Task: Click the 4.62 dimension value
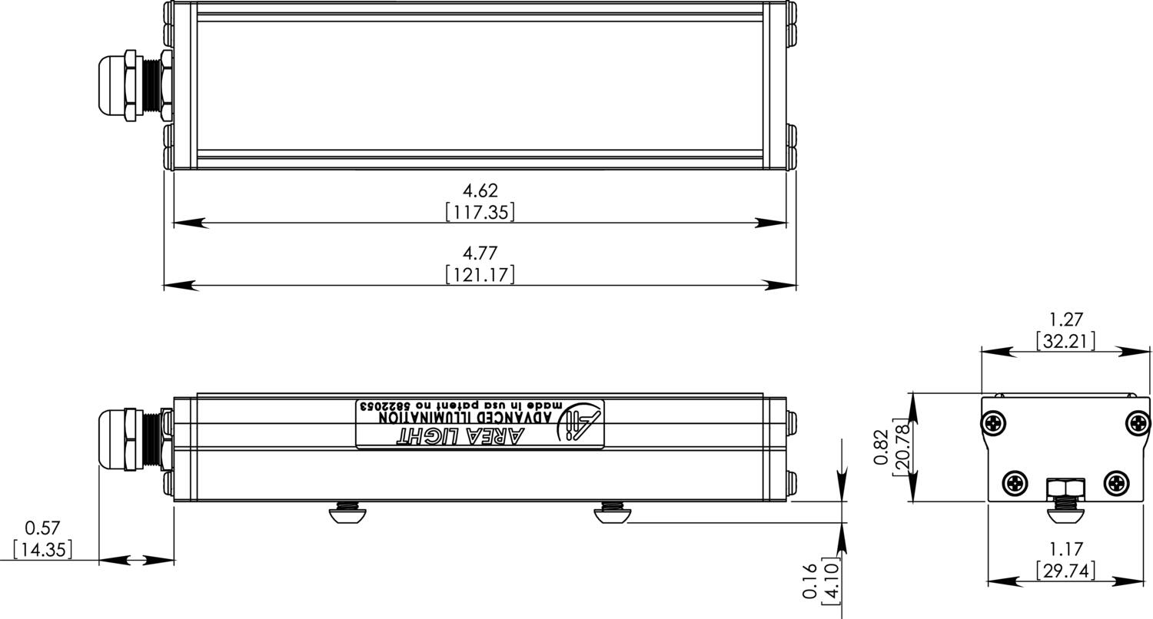click(x=480, y=190)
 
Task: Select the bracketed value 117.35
click(x=480, y=212)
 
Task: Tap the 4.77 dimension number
click(x=480, y=253)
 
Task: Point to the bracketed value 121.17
click(x=480, y=274)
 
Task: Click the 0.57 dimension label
click(x=42, y=528)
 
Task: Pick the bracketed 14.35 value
click(x=42, y=549)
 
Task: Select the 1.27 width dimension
click(x=1065, y=319)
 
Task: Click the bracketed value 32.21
click(x=1065, y=340)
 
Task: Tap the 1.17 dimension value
click(x=1065, y=549)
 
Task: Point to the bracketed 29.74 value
click(x=1065, y=571)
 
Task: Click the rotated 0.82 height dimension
click(x=882, y=447)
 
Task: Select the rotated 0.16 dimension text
click(x=809, y=581)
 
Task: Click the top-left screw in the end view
click(x=995, y=422)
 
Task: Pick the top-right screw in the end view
click(x=1137, y=422)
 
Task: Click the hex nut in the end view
click(x=1065, y=488)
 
